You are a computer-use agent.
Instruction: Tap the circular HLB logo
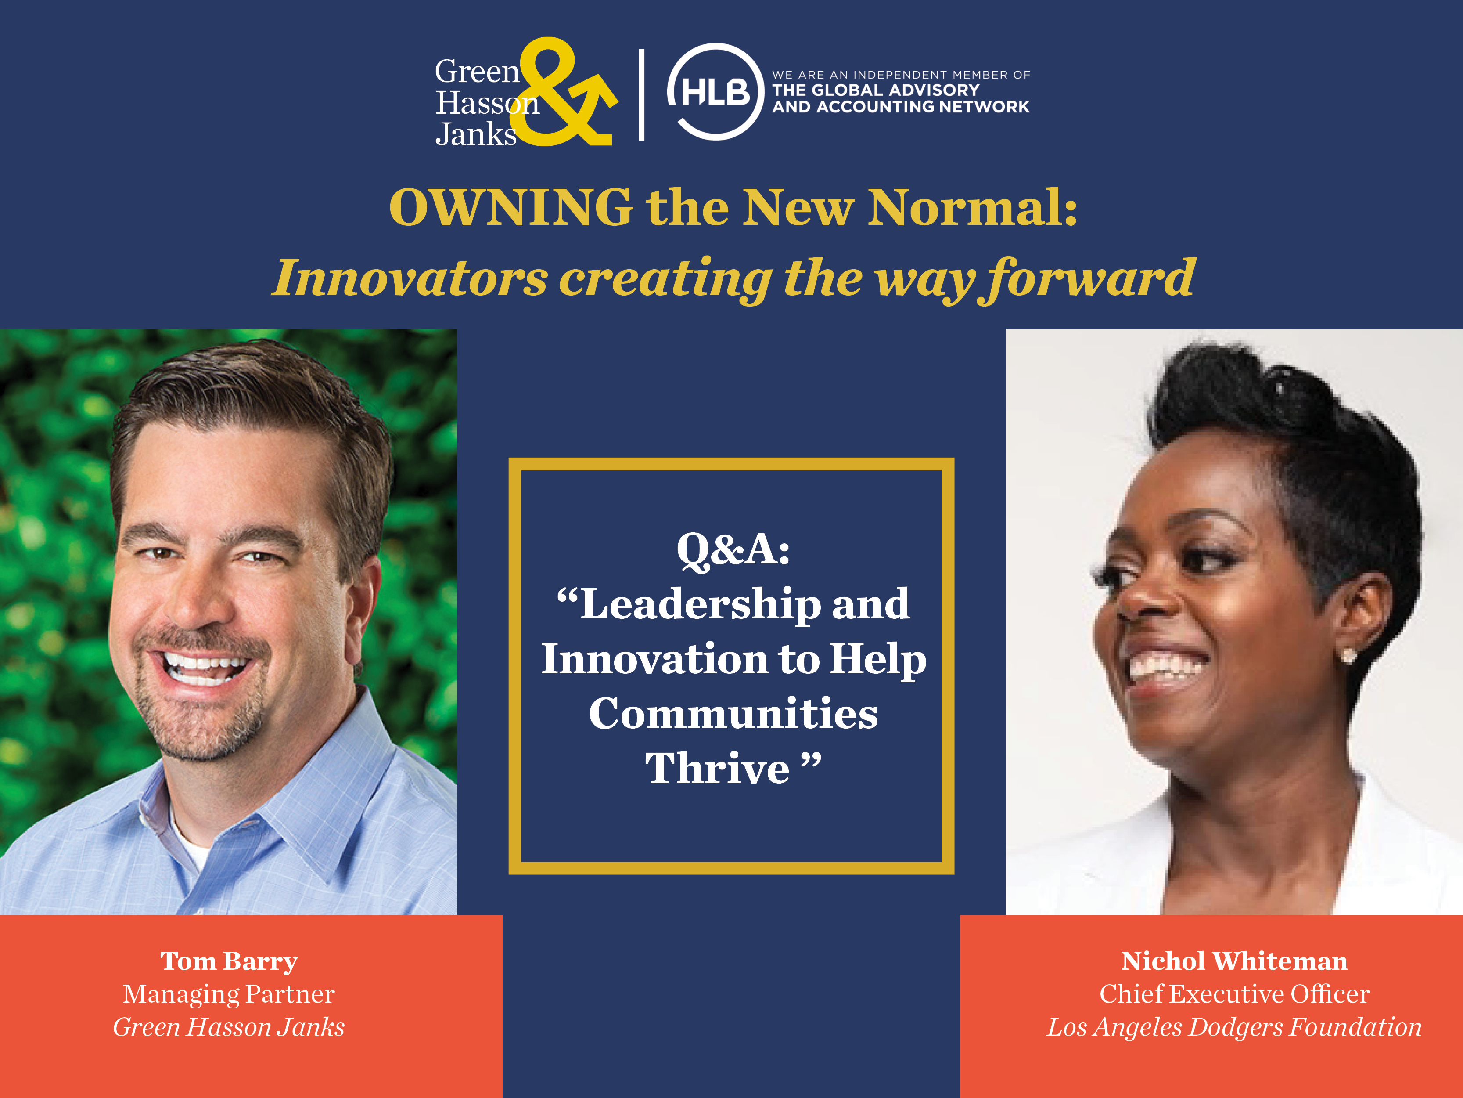[715, 92]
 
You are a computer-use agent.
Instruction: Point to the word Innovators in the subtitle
[410, 278]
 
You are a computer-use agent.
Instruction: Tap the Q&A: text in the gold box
[733, 549]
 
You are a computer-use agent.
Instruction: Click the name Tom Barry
[229, 961]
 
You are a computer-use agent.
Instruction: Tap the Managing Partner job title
[229, 994]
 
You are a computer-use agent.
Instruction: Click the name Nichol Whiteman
[1234, 961]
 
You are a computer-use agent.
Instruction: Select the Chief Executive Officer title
[1234, 994]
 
